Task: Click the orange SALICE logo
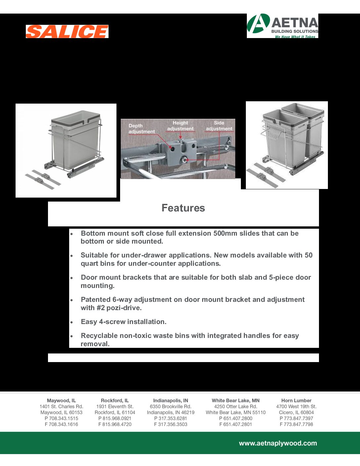[x=67, y=31]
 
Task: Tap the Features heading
[x=183, y=208]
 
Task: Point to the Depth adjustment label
[x=141, y=129]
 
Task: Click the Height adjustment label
[x=180, y=126]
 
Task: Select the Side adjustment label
[x=219, y=126]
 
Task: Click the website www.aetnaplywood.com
[x=278, y=443]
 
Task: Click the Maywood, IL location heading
[x=61, y=400]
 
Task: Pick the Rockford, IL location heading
[x=115, y=400]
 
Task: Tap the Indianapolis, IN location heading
[x=170, y=400]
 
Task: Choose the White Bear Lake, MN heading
[x=236, y=400]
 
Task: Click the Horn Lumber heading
[x=296, y=400]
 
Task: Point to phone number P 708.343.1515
[x=61, y=418]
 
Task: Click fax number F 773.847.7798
[x=296, y=424]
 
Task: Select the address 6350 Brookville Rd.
[x=170, y=406]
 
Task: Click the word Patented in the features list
[x=96, y=300]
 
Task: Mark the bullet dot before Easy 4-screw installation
[x=71, y=322]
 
